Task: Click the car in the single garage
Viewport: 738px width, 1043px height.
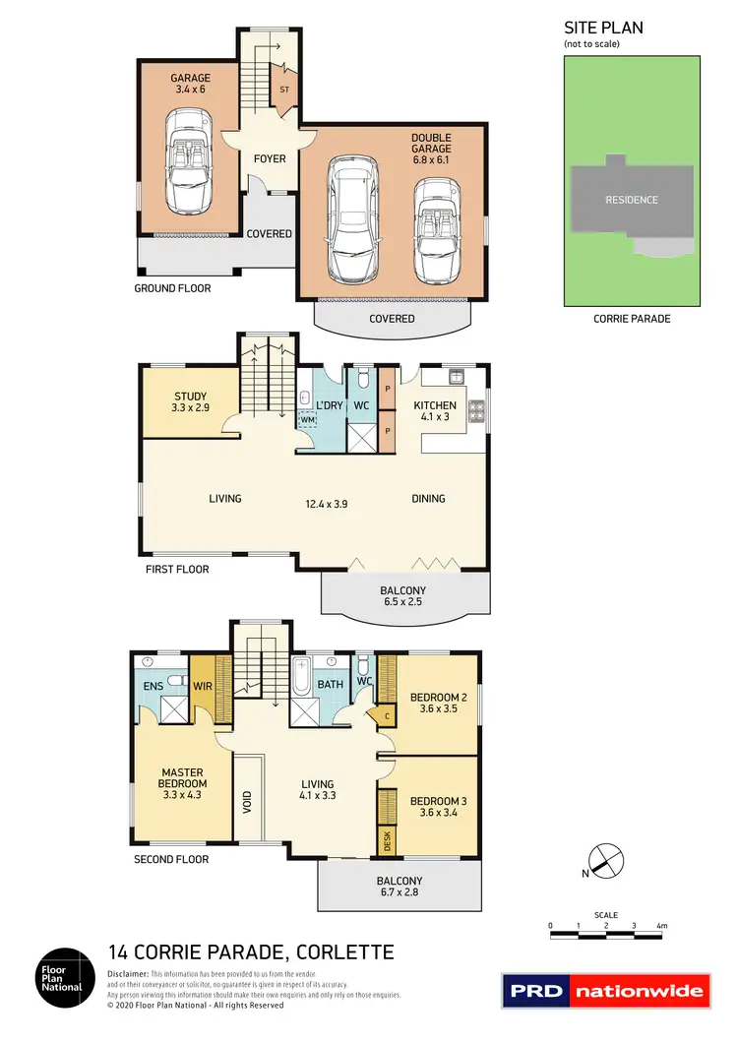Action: click(187, 161)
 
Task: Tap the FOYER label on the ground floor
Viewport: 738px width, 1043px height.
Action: click(270, 158)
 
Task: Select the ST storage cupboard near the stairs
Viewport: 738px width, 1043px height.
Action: click(284, 89)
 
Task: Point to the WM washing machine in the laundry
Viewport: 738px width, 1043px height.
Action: click(309, 420)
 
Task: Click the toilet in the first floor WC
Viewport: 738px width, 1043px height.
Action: click(362, 378)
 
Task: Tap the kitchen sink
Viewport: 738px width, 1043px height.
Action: click(457, 376)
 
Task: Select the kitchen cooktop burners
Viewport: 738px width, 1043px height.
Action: click(477, 410)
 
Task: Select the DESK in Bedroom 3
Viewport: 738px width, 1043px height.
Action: click(386, 840)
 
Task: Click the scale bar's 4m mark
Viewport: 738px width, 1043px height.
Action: click(662, 927)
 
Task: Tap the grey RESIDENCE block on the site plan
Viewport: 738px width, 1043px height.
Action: click(631, 200)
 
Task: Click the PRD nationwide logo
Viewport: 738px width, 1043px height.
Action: click(605, 990)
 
